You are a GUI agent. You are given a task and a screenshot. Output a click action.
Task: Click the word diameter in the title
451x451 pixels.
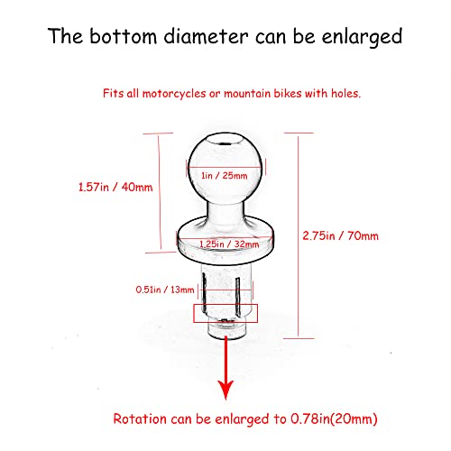(x=206, y=36)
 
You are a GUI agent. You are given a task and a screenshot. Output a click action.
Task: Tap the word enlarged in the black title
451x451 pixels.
(x=362, y=38)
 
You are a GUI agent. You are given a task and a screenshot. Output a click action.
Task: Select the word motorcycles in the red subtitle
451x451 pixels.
(x=174, y=94)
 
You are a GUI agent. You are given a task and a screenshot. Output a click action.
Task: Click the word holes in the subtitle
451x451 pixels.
(x=345, y=93)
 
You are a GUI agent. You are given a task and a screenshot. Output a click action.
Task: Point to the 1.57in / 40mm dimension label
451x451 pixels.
(x=115, y=187)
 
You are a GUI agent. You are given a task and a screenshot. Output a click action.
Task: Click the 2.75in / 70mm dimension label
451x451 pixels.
(x=340, y=235)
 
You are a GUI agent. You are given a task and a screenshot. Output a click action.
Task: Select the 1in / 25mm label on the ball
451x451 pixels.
(x=225, y=175)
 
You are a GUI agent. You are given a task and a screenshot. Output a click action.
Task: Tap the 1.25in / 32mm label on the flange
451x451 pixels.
(x=229, y=244)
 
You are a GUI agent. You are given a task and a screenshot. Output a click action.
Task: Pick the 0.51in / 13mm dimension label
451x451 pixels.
(x=165, y=290)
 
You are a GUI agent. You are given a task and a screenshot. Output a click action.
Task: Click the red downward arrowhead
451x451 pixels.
(x=225, y=390)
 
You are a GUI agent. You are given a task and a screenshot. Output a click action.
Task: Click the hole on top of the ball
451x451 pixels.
(x=225, y=140)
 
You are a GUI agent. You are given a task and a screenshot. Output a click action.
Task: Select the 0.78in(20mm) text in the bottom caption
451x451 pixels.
(x=334, y=419)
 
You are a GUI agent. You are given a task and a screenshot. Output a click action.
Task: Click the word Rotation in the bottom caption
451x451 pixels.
(x=140, y=419)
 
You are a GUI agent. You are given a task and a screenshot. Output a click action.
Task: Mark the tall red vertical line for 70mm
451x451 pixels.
(x=299, y=236)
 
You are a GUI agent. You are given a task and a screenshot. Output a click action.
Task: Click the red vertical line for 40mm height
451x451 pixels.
(x=160, y=192)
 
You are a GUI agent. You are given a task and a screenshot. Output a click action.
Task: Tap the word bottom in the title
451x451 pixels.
(x=124, y=36)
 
